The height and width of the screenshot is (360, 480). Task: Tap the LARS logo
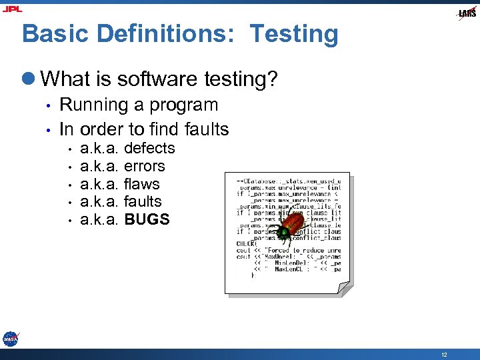coord(467,13)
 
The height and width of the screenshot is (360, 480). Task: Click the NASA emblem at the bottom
coord(11,339)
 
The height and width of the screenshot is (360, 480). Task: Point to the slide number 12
coord(444,355)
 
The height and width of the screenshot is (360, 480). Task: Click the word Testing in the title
coord(294,34)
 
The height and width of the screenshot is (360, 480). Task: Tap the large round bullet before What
coord(29,80)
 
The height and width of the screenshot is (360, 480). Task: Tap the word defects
coord(149,148)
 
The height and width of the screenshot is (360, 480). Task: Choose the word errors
coord(144,166)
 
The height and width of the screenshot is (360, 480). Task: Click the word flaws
coord(142,183)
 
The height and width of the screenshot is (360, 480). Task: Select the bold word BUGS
coord(147,219)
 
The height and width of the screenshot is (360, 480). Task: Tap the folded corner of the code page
coord(345,288)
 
